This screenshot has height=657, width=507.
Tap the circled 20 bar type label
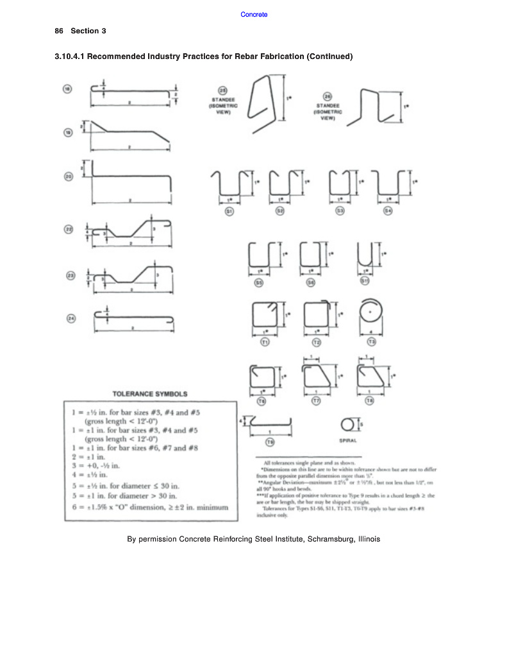(68, 175)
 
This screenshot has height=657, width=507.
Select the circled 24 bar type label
(71, 317)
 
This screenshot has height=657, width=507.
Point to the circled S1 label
(229, 210)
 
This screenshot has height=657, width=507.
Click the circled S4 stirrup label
(387, 210)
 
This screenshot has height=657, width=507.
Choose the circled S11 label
(364, 281)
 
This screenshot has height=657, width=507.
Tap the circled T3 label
(371, 343)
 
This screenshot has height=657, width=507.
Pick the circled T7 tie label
(315, 400)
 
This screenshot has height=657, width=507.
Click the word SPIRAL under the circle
(348, 441)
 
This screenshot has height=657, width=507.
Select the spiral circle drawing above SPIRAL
(348, 425)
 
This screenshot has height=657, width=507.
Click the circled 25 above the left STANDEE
(223, 90)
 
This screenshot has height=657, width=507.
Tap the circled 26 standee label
(327, 96)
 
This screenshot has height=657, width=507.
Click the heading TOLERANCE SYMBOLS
(150, 393)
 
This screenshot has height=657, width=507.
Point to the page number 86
(59, 31)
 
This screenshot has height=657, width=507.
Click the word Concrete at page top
(254, 14)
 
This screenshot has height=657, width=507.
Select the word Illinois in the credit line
(367, 539)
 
